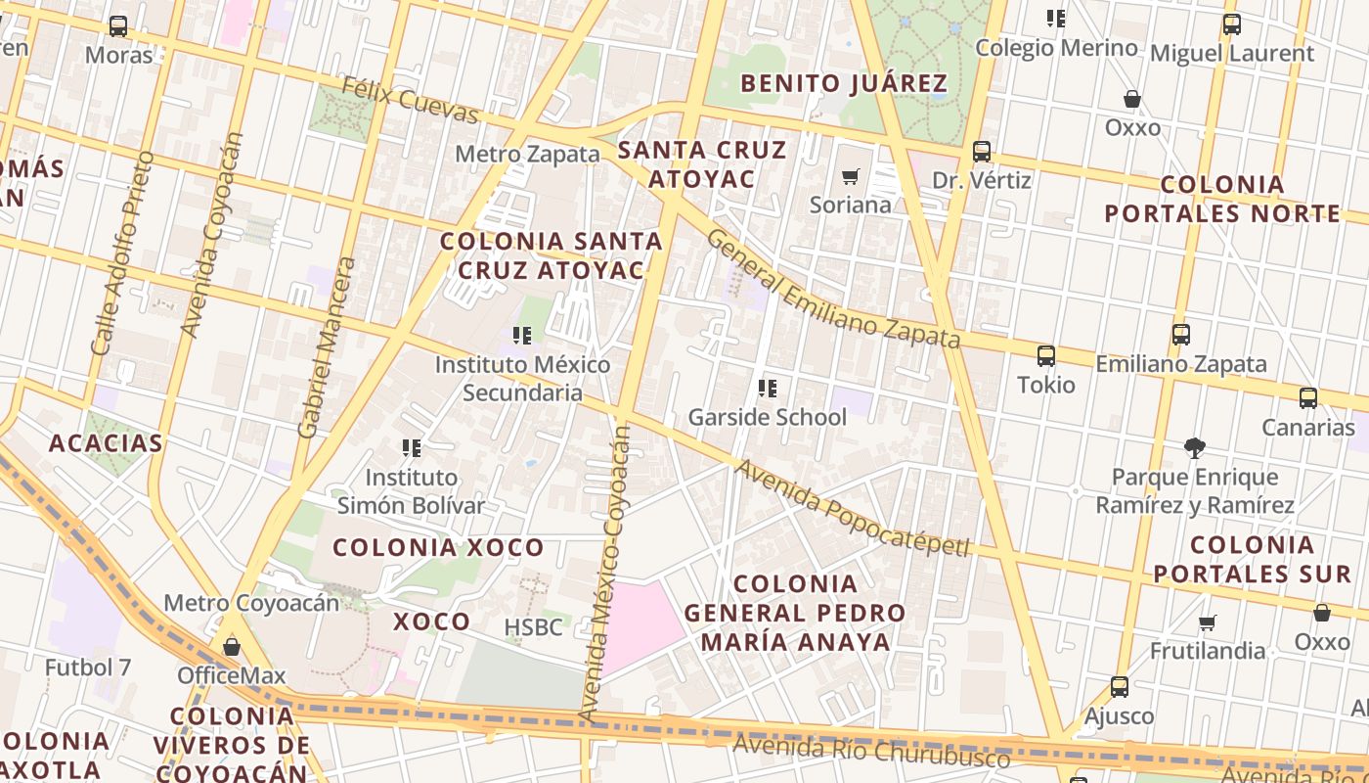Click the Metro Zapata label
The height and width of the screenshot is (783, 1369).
(x=527, y=154)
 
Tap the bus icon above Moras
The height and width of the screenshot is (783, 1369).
(x=118, y=26)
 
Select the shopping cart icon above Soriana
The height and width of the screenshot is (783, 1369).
(x=851, y=177)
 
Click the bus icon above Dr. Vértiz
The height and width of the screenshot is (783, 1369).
(x=982, y=152)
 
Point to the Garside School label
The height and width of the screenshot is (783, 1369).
(x=767, y=417)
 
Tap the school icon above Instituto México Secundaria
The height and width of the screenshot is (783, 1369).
(x=522, y=336)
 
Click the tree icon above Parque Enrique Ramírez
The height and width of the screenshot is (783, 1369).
(x=1194, y=448)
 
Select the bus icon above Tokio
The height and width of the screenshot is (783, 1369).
(x=1046, y=356)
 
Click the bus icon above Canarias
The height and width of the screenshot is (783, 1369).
(x=1308, y=398)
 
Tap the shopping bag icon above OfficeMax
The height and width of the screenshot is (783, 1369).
(x=232, y=647)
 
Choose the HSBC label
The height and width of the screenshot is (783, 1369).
(x=533, y=627)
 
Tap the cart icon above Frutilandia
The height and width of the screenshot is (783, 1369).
(x=1208, y=622)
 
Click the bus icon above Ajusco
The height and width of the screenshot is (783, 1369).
(x=1120, y=687)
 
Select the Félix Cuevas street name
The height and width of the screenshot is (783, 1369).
(x=411, y=101)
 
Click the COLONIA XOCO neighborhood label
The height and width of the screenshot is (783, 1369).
(x=438, y=547)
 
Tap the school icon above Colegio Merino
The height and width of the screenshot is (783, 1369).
(x=1055, y=19)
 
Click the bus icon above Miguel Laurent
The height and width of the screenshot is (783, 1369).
(x=1232, y=25)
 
